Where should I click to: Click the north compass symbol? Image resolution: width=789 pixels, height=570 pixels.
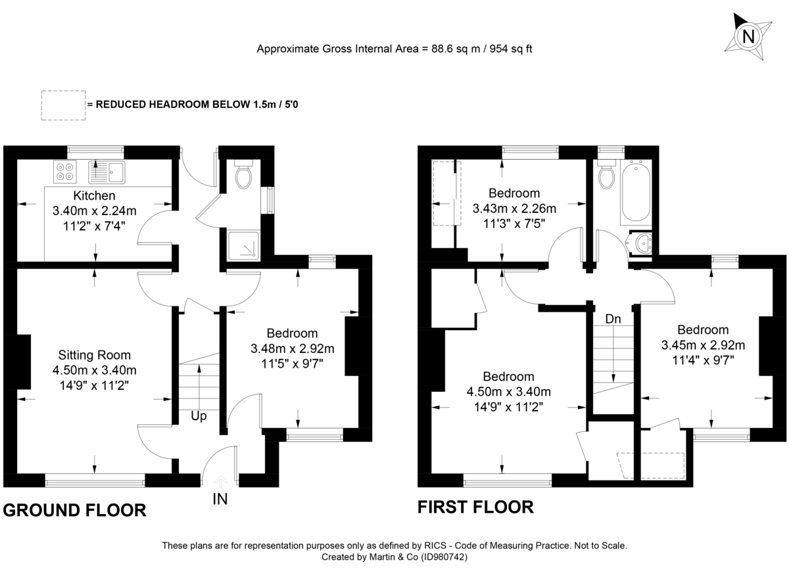tap(748, 36)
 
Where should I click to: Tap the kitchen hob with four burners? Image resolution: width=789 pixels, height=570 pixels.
tap(64, 172)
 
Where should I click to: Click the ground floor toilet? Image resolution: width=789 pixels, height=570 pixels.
tap(243, 175)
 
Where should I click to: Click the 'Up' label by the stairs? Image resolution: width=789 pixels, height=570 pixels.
tap(199, 416)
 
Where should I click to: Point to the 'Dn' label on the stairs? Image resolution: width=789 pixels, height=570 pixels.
tap(613, 319)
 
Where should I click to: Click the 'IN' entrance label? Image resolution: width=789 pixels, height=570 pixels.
tap(220, 500)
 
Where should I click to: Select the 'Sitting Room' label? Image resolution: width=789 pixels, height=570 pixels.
tap(95, 355)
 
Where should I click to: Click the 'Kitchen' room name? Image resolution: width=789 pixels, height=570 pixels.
tap(95, 196)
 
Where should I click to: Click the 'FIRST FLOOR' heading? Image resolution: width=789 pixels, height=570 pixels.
tap(475, 507)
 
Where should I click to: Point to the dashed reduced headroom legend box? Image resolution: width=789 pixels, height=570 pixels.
tap(62, 105)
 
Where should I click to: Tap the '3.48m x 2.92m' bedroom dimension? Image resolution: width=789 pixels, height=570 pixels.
tap(293, 348)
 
